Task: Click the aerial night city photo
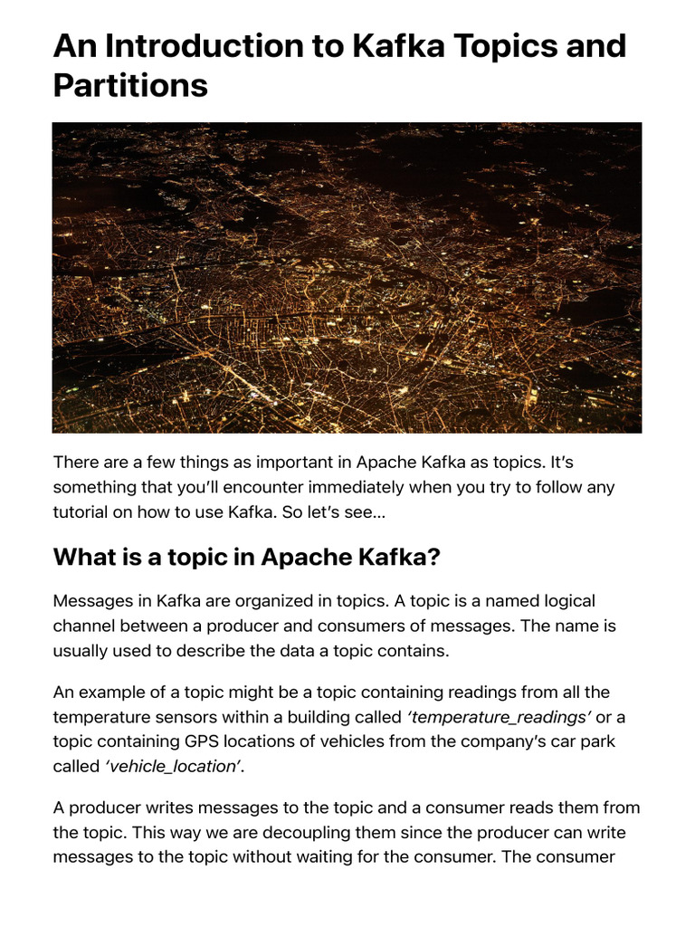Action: pyautogui.click(x=347, y=277)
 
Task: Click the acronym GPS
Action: pyautogui.click(x=206, y=741)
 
